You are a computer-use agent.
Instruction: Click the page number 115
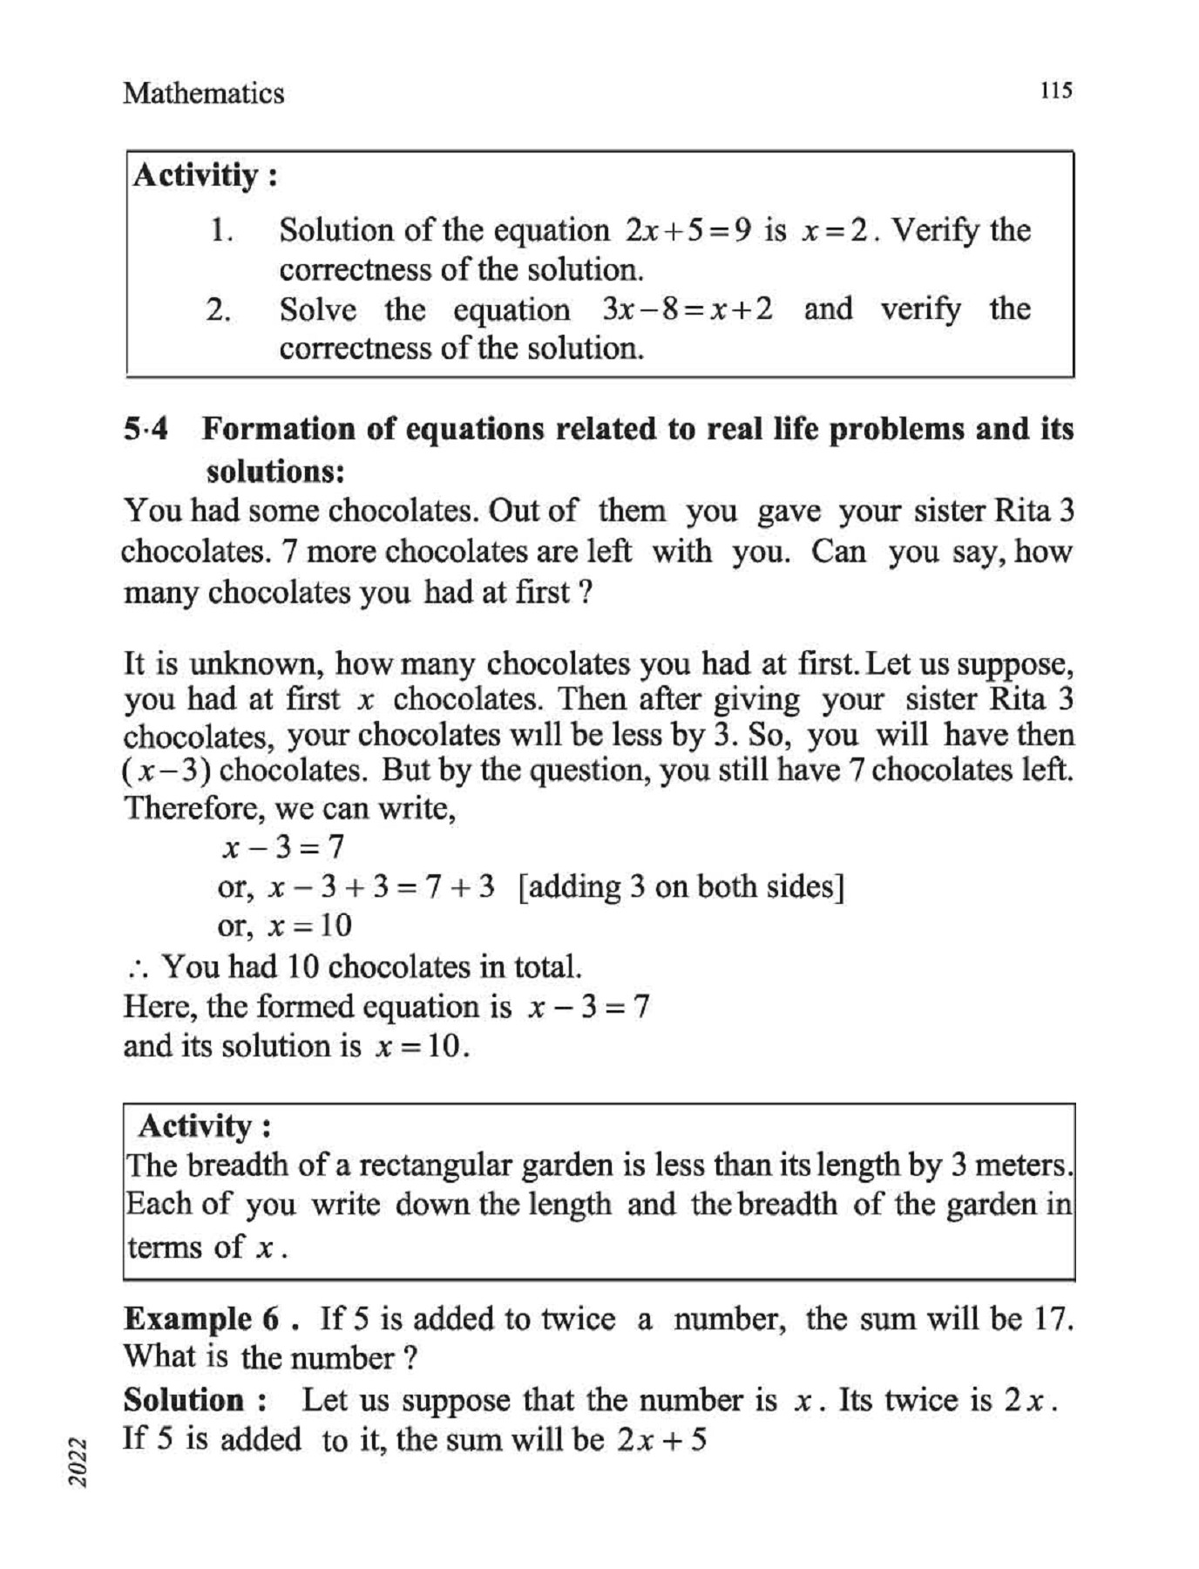tap(1056, 91)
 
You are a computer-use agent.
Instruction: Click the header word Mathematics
tap(203, 93)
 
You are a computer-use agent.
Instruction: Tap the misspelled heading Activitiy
tap(197, 175)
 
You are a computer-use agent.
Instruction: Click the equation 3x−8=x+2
tap(687, 309)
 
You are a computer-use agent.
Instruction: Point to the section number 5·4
tap(146, 429)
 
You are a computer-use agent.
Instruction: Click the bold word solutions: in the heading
tap(275, 472)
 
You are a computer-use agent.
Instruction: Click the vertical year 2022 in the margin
tap(79, 1462)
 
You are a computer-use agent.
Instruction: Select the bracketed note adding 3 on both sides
tap(681, 886)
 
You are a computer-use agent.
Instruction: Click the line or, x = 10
tap(284, 925)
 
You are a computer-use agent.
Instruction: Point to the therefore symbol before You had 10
tap(138, 968)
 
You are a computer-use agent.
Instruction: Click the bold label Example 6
tap(202, 1319)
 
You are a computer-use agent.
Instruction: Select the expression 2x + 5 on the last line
tap(661, 1439)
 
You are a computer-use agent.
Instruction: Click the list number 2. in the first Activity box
tap(219, 309)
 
